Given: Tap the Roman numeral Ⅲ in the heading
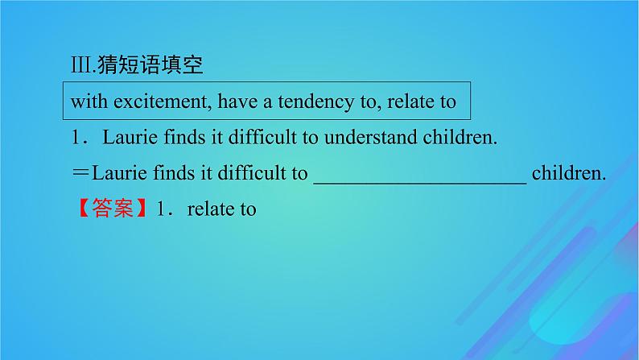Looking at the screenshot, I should [80, 65].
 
